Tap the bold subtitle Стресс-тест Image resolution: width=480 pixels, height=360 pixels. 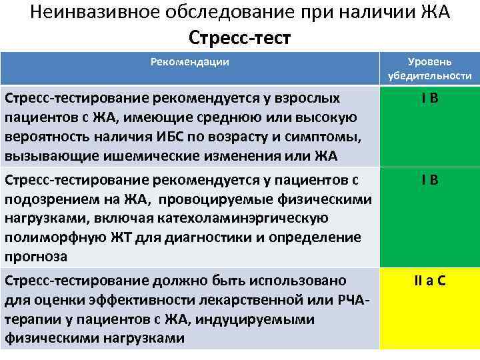pyautogui.click(x=240, y=37)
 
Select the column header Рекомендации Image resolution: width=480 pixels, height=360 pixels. pyautogui.click(x=190, y=62)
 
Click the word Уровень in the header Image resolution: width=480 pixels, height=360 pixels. pyautogui.click(x=430, y=61)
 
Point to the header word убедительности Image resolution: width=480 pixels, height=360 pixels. pyautogui.click(x=430, y=76)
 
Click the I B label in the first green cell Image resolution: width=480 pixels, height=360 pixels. pyautogui.click(x=429, y=99)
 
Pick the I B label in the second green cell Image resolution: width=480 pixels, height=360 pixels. pyautogui.click(x=429, y=180)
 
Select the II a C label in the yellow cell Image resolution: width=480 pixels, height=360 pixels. pyautogui.click(x=429, y=280)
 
